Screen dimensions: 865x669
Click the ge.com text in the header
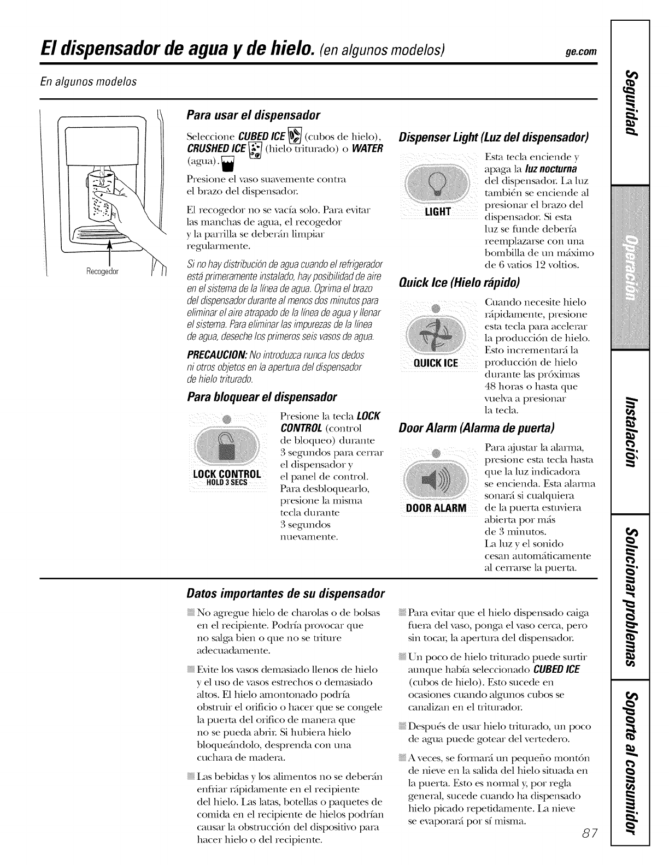point(581,52)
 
